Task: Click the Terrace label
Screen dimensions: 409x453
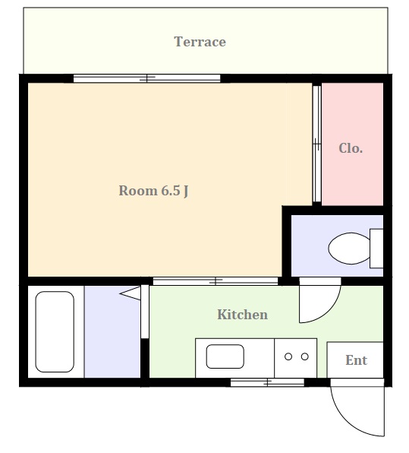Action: pyautogui.click(x=200, y=42)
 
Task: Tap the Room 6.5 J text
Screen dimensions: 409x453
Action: pyautogui.click(x=153, y=191)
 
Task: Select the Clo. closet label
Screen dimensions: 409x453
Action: pyautogui.click(x=351, y=148)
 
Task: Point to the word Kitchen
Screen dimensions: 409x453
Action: pyautogui.click(x=242, y=315)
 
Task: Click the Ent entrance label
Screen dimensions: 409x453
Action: pyautogui.click(x=356, y=360)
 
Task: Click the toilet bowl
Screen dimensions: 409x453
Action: pyautogui.click(x=349, y=249)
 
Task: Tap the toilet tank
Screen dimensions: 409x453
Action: pyautogui.click(x=376, y=249)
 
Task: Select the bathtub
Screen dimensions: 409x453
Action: pyautogui.click(x=55, y=331)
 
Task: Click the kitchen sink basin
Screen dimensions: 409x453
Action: pyautogui.click(x=225, y=356)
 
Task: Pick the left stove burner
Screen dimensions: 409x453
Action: pyautogui.click(x=288, y=356)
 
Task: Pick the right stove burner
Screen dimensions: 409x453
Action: pyautogui.click(x=305, y=356)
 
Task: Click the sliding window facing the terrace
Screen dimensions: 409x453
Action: pyautogui.click(x=146, y=78)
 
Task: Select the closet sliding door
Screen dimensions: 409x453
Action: pyautogui.click(x=316, y=144)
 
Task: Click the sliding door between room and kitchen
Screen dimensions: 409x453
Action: pyautogui.click(x=216, y=280)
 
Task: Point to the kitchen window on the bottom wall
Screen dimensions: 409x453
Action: pyautogui.click(x=267, y=382)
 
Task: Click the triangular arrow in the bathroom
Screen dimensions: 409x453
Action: pyautogui.click(x=130, y=293)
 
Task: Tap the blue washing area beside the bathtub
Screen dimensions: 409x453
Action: pyautogui.click(x=112, y=331)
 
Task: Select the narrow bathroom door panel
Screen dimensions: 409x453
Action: pyautogui.click(x=145, y=312)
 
